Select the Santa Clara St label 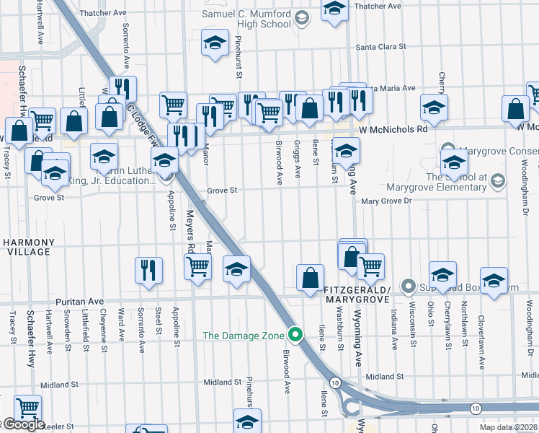tap(381, 47)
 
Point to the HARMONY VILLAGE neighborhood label tap(27, 247)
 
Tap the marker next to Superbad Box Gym tap(408, 287)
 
